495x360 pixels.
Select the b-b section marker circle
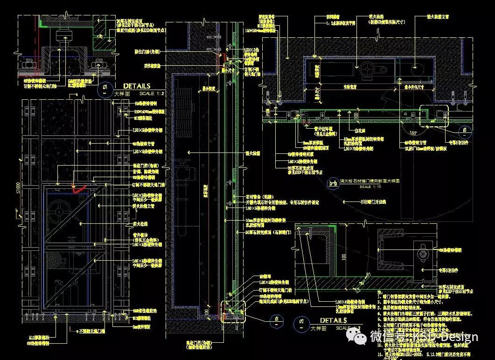(333, 183)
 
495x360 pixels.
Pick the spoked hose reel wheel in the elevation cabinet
(57, 211)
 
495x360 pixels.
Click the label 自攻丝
(359, 132)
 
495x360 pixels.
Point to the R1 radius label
(368, 274)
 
